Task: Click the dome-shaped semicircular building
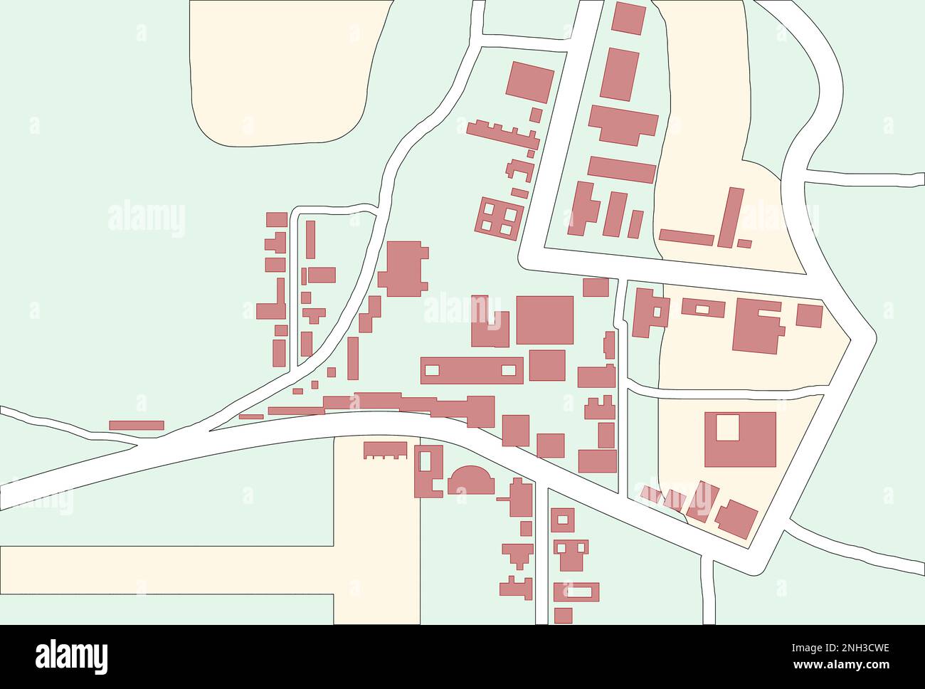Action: [470, 481]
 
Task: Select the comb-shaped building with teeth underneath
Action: [386, 450]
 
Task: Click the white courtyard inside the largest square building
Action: [728, 428]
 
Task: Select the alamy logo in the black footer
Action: [72, 656]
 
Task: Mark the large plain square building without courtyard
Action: [544, 320]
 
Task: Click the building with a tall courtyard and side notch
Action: [428, 470]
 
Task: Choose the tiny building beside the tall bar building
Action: [744, 243]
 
